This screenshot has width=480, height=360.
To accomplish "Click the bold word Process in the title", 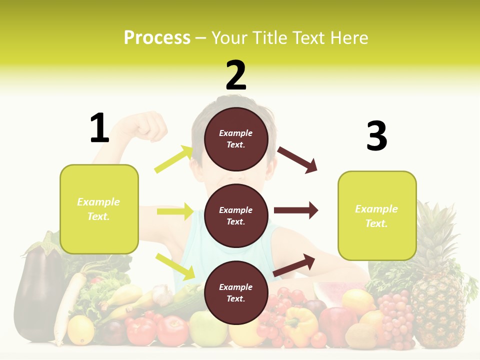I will coord(157,38).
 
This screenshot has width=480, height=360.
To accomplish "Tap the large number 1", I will coord(99,128).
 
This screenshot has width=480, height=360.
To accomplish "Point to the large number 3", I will coord(376,136).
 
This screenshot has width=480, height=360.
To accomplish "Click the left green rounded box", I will coord(99,209).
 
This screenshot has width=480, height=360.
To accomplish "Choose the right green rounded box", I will coord(377,216).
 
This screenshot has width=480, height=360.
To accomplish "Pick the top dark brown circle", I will coord(236,139).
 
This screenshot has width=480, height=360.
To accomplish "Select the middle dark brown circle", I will coord(236,215).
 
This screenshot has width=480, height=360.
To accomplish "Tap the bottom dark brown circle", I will coord(236,292).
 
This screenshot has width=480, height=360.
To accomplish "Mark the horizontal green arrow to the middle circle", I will coord(175,211).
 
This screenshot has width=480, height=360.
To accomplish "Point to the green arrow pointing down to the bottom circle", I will coord(175,266).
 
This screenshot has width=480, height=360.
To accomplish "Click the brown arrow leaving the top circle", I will coord(297,160).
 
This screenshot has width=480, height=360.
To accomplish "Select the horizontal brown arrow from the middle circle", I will coord(296,210).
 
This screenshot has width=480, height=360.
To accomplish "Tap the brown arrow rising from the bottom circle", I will coord(294,265).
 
